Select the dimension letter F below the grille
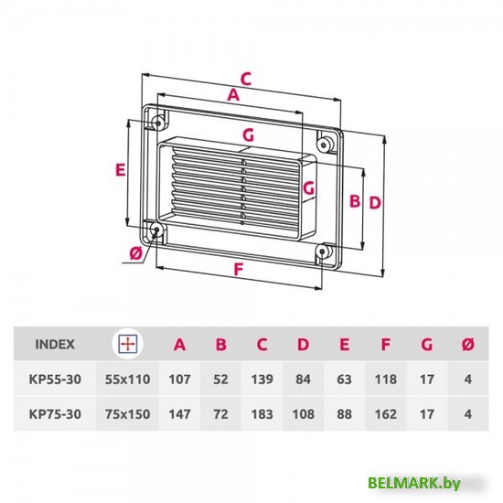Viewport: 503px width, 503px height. [x=238, y=269]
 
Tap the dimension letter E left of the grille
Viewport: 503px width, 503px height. [x=120, y=168]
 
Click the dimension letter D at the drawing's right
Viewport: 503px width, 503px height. [x=374, y=202]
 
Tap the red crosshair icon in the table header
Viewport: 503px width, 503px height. [x=127, y=345]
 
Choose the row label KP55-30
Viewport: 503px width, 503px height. [x=57, y=377]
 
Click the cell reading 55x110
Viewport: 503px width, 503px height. [x=127, y=377]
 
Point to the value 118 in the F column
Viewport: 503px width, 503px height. [x=385, y=377]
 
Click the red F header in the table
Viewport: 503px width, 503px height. [x=385, y=345]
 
